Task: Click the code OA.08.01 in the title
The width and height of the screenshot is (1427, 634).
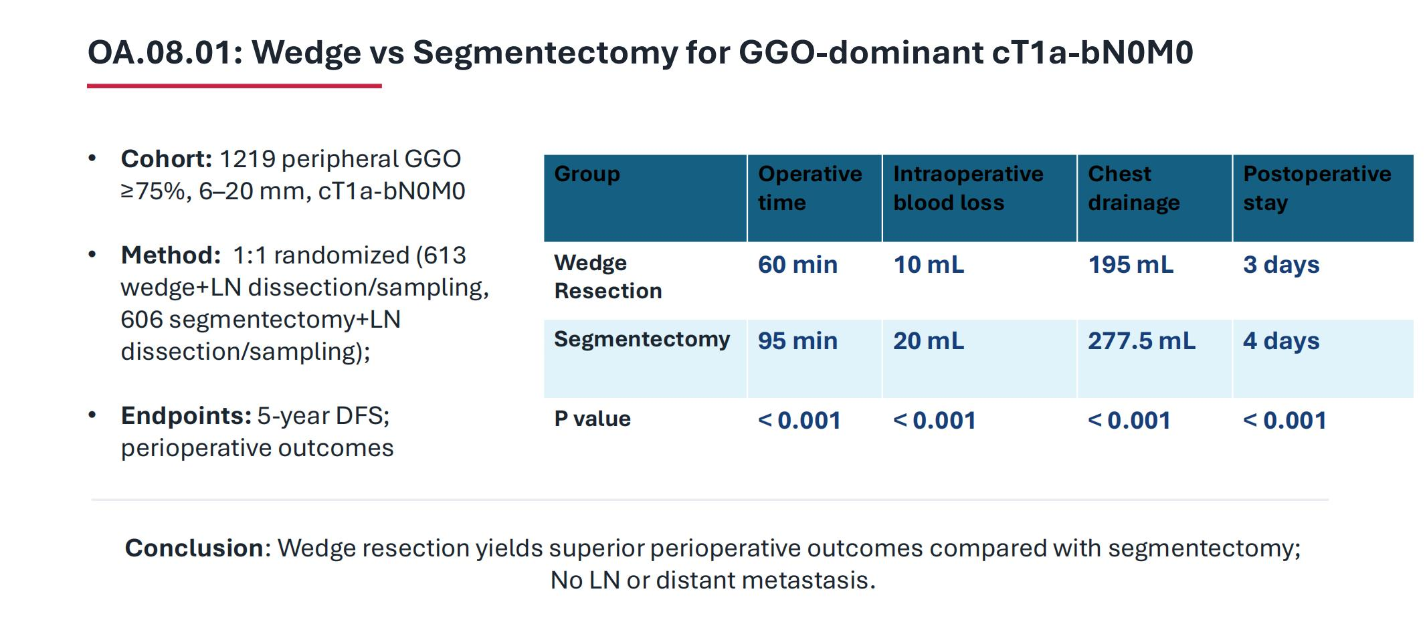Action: [165, 53]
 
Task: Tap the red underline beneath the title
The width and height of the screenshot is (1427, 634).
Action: [234, 86]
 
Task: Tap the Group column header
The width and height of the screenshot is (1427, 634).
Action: [587, 174]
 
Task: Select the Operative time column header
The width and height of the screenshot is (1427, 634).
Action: [810, 188]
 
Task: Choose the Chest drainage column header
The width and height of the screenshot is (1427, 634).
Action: [1134, 188]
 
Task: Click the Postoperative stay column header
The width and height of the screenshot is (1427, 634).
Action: [1317, 188]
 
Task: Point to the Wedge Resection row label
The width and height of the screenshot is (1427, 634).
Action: [608, 277]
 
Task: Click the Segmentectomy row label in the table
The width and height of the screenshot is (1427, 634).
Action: [642, 340]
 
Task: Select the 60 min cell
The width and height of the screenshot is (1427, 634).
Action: [797, 265]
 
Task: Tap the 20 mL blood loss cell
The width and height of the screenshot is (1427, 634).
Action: [929, 341]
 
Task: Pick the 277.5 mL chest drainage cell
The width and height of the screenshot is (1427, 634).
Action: [1141, 341]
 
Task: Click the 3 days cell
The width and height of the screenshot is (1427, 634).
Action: [1281, 265]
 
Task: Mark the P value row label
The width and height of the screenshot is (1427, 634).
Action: [593, 419]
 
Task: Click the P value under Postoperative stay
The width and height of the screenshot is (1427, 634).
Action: [1285, 421]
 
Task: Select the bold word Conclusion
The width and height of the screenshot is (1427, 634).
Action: [195, 548]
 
